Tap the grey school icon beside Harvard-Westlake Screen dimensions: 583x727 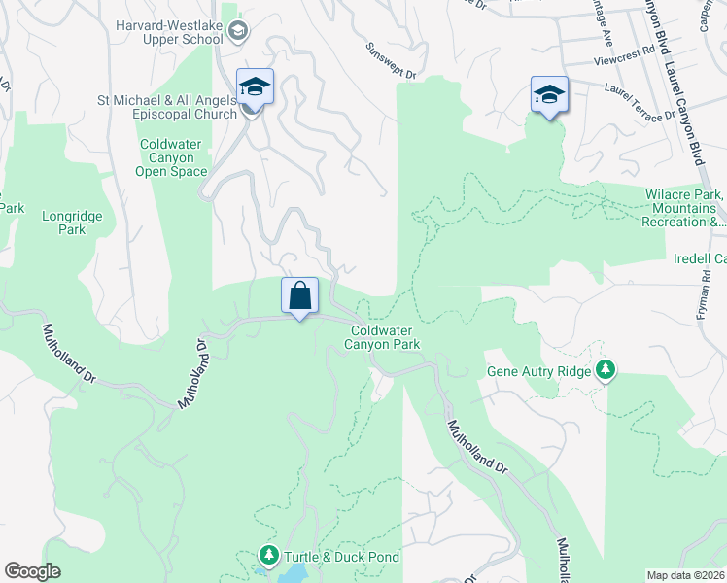(x=237, y=32)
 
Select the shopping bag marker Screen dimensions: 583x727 (x=299, y=295)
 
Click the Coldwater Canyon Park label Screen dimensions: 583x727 (x=385, y=337)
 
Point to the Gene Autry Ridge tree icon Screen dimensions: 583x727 (x=607, y=370)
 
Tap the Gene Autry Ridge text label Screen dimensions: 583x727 (x=539, y=371)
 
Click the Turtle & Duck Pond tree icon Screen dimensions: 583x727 (x=268, y=556)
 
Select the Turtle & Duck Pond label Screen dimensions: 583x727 (x=341, y=557)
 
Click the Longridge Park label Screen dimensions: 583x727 (x=64, y=223)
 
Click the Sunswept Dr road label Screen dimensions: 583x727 (x=391, y=60)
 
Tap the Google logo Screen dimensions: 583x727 (x=32, y=571)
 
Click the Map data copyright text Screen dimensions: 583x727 (x=685, y=575)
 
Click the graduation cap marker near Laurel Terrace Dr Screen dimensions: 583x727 (x=549, y=94)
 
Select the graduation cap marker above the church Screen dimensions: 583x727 (x=255, y=86)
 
